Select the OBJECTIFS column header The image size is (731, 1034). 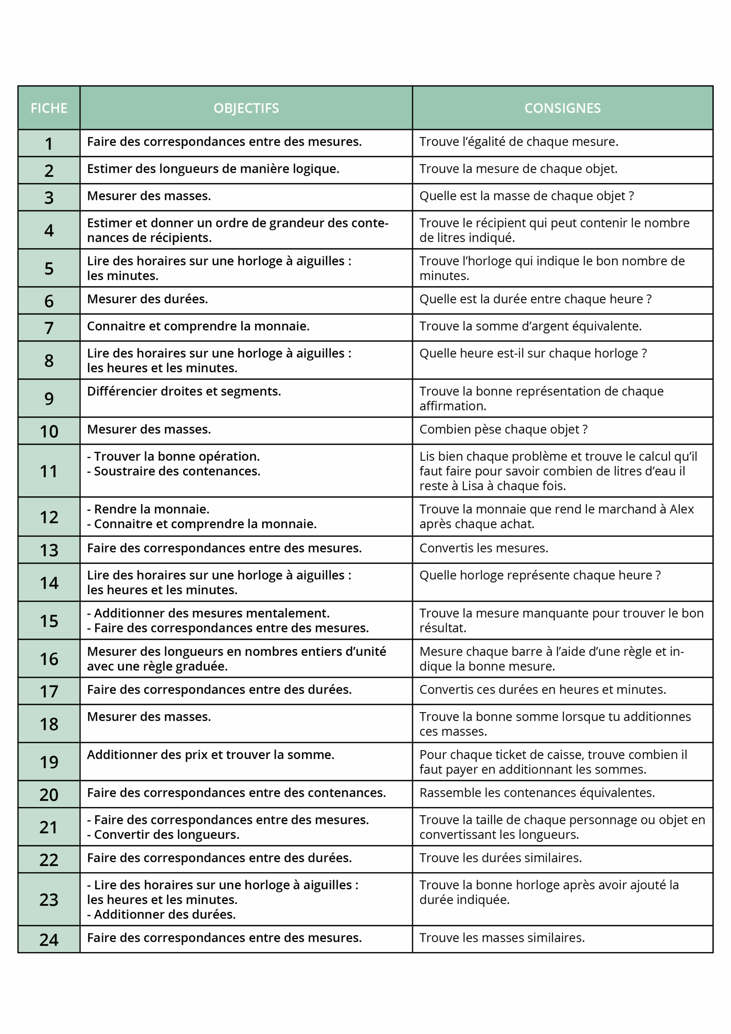[246, 108]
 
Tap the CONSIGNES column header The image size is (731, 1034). [562, 108]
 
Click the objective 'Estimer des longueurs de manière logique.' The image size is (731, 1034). [213, 169]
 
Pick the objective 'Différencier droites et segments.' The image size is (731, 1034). [184, 391]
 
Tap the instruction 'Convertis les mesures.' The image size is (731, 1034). [484, 548]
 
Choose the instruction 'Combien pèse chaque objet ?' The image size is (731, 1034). [503, 429]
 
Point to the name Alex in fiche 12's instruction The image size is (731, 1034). [681, 509]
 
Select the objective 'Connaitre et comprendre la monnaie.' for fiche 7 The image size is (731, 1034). [198, 326]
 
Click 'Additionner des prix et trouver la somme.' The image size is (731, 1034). [210, 755]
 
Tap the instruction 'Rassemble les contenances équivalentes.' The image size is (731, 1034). [537, 792]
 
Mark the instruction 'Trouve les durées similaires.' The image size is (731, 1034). [500, 858]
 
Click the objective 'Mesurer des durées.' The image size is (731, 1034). [147, 299]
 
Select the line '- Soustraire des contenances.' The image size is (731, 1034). [173, 471]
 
